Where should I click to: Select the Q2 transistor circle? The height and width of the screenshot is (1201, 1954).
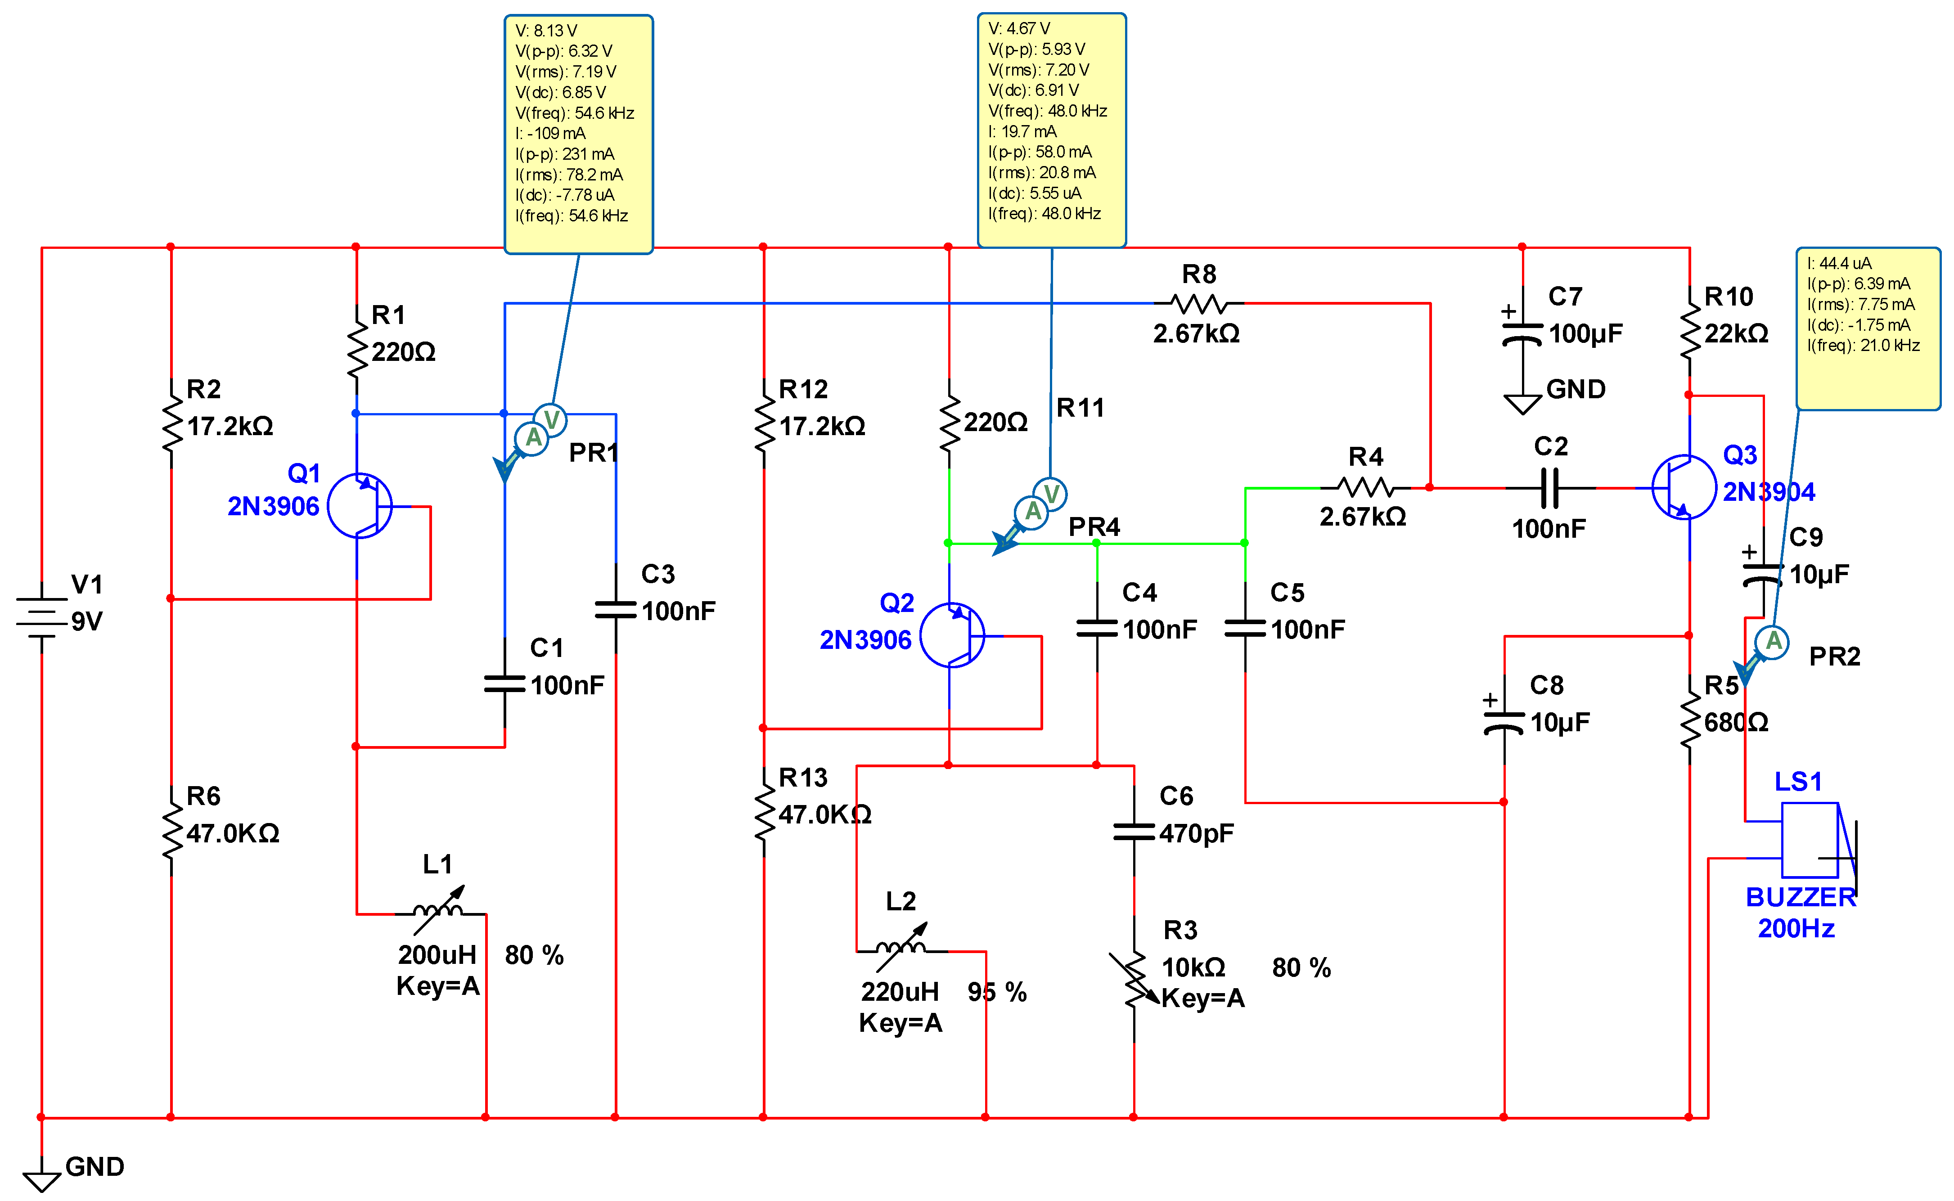(x=952, y=635)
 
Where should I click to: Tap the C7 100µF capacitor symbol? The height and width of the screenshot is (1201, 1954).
(x=1522, y=335)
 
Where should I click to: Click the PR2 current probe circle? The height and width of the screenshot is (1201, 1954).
(x=1772, y=642)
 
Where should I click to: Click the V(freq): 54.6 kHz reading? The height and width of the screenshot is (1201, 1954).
(x=574, y=113)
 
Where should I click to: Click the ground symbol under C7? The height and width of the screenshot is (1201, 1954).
(x=1522, y=404)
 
